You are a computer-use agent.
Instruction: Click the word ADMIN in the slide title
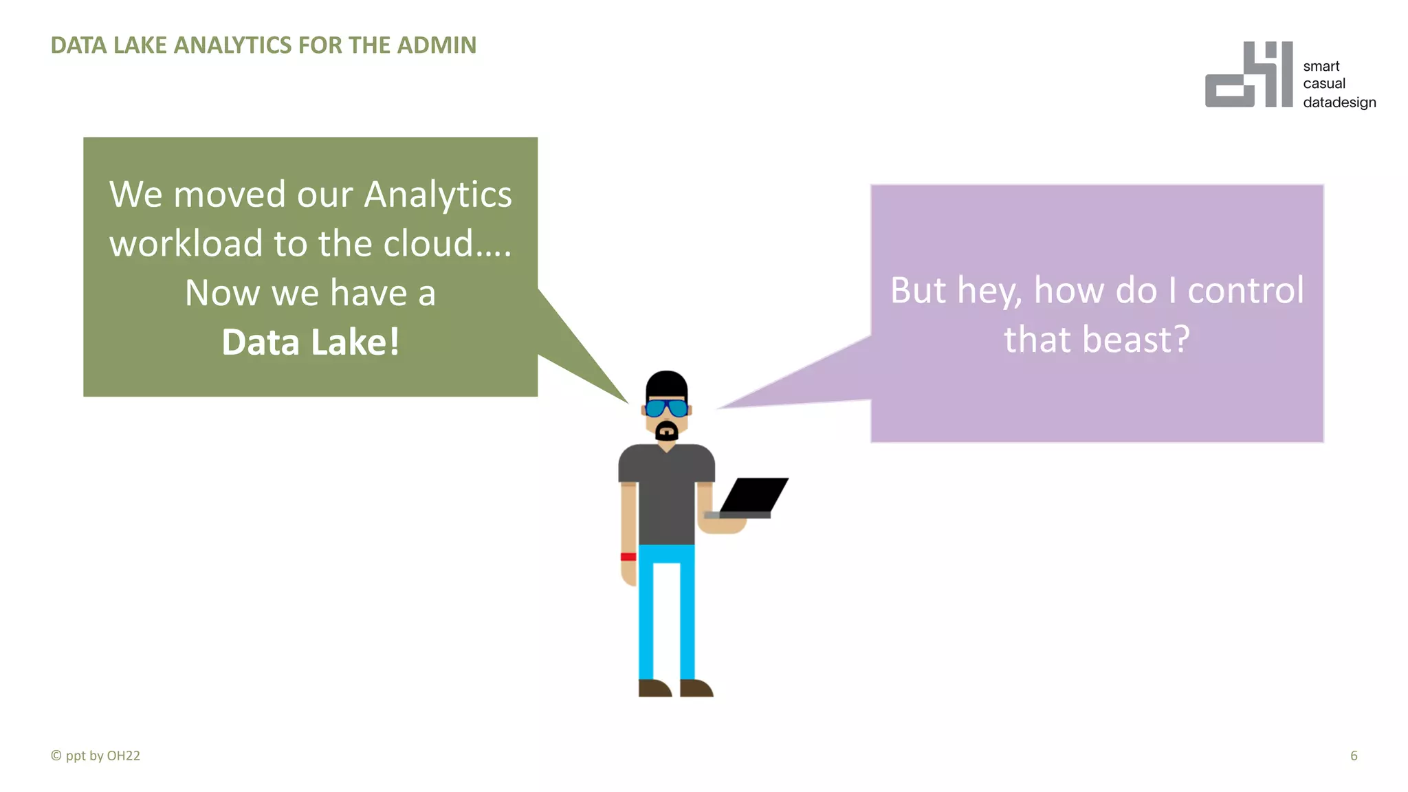click(x=437, y=45)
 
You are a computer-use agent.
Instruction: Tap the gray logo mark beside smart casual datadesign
click(x=1248, y=76)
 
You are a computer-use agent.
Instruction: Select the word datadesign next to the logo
click(x=1339, y=102)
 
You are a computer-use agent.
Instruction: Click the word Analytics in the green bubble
click(x=438, y=195)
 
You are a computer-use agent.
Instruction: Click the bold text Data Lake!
click(x=311, y=342)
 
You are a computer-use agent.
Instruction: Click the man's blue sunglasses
click(x=666, y=408)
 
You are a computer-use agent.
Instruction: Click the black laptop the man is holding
click(x=753, y=495)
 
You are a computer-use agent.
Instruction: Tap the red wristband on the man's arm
click(x=628, y=557)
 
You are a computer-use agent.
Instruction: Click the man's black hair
click(x=666, y=384)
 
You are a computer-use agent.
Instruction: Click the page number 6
click(x=1354, y=756)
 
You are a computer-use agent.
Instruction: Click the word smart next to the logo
click(x=1321, y=67)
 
